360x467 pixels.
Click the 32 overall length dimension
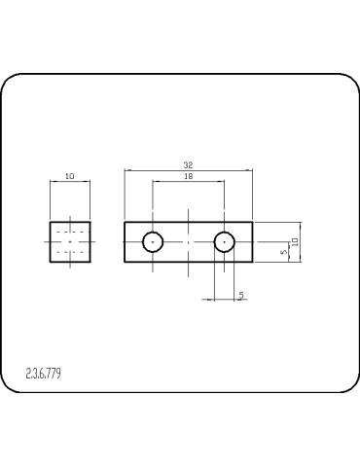[x=188, y=165]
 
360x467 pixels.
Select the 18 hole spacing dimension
[x=188, y=176]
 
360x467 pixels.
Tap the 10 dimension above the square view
[x=69, y=176]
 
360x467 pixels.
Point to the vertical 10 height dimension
[x=295, y=241]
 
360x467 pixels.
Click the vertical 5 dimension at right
[x=283, y=252]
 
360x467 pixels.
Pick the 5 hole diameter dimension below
[x=240, y=294]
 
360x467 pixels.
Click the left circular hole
[x=153, y=241]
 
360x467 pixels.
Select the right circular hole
[x=225, y=241]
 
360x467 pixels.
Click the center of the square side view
[x=70, y=241]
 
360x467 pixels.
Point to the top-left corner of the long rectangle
[x=125, y=222]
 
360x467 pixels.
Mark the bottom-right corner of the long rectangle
[x=253, y=262]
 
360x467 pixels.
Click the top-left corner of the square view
[x=50, y=222]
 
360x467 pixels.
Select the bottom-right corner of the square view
[x=90, y=262]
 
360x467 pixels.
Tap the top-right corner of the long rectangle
[x=253, y=222]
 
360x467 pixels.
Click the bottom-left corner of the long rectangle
[x=125, y=262]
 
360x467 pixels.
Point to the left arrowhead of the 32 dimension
[x=127, y=171]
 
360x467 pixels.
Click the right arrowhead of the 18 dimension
[x=222, y=182]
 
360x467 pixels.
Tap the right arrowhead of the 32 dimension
[x=250, y=171]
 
